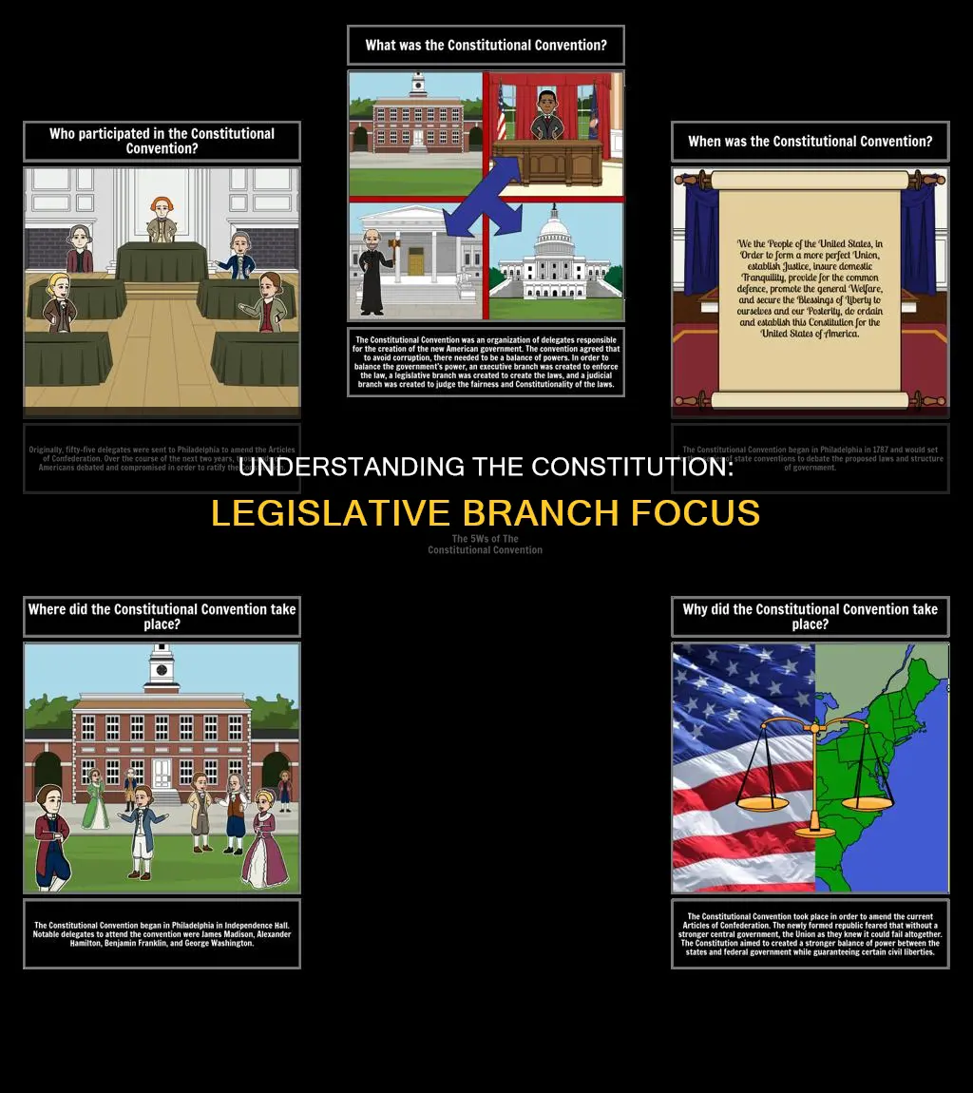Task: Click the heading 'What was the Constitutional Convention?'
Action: (x=486, y=45)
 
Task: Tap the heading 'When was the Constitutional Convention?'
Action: (x=810, y=142)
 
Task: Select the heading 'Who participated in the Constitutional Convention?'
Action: (x=162, y=141)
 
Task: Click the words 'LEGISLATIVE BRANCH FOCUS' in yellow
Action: (x=486, y=513)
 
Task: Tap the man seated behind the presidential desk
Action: (x=546, y=118)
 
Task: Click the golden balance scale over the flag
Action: (x=813, y=770)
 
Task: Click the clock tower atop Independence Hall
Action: (x=162, y=665)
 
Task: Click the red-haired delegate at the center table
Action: (x=161, y=218)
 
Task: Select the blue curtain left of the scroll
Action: (x=701, y=247)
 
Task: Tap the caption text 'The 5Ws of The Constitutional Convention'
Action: (x=485, y=544)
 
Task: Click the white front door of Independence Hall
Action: (x=162, y=774)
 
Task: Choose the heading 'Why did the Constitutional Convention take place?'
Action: (x=810, y=617)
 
